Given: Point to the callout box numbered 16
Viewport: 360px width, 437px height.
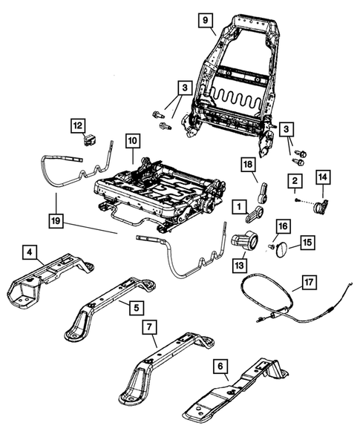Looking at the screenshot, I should tap(282, 226).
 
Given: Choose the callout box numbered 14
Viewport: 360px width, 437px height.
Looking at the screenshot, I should tap(324, 177).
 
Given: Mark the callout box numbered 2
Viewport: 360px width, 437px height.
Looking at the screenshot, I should tap(294, 181).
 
